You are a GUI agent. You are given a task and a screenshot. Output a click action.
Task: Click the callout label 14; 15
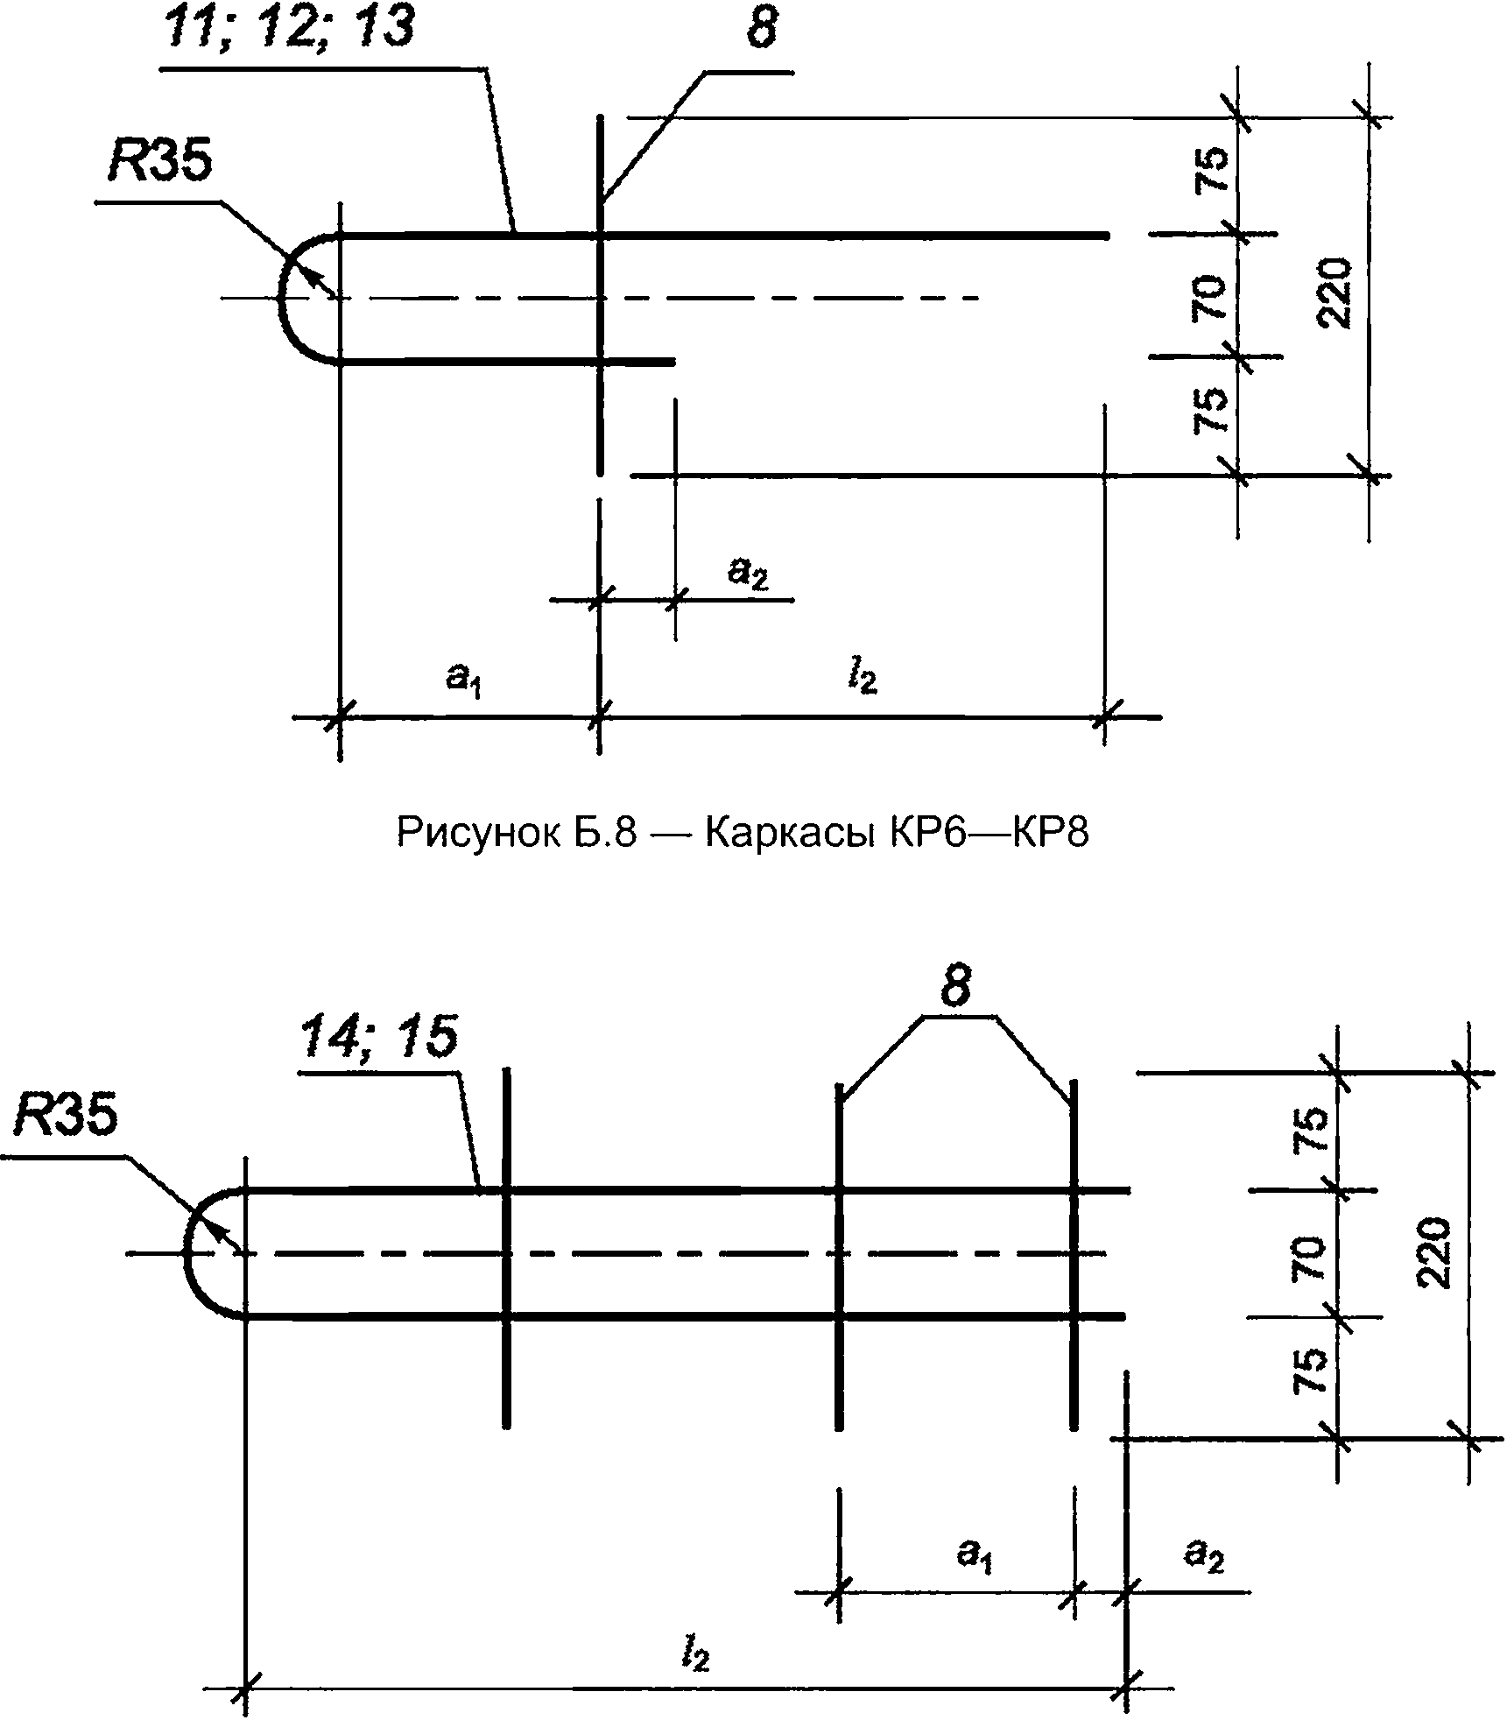click(378, 1039)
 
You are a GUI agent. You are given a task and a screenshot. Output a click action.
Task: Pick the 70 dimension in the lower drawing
click(1311, 1258)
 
